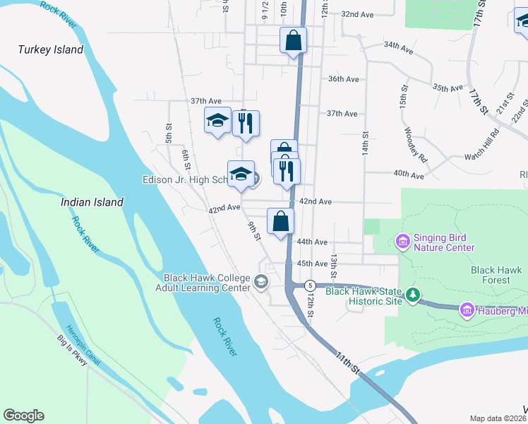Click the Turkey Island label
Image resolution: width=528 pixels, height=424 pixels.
[51, 49]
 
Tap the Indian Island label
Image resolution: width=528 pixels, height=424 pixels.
[92, 202]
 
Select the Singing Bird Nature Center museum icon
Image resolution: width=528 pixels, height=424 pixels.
[403, 242]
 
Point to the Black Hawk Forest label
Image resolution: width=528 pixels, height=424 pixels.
[496, 275]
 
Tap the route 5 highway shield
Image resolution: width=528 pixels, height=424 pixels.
[310, 285]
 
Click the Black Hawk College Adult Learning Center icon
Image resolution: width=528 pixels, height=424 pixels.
[261, 283]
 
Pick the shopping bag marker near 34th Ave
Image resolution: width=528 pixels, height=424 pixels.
[293, 40]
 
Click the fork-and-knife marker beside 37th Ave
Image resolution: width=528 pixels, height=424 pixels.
[246, 124]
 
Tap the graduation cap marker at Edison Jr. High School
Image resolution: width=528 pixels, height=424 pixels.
[241, 175]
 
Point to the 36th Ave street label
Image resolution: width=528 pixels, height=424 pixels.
[343, 78]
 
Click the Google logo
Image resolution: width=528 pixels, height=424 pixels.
[24, 416]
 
